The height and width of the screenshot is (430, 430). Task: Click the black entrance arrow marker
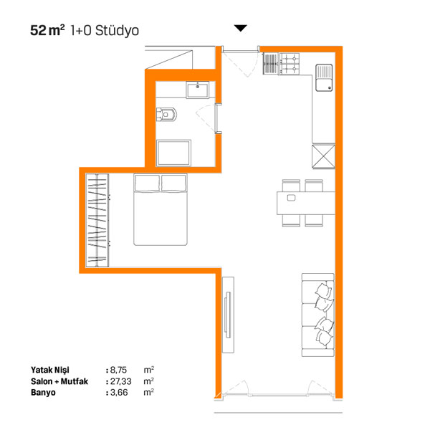point(241,28)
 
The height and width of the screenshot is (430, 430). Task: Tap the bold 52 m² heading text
point(47,30)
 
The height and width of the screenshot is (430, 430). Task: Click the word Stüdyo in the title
point(117,30)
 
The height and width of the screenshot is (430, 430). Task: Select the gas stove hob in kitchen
point(289,64)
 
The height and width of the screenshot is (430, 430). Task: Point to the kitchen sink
point(324,77)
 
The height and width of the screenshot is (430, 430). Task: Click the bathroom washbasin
point(198,90)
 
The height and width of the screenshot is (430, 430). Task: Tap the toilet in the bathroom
point(166,115)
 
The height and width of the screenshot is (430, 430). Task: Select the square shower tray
point(173,153)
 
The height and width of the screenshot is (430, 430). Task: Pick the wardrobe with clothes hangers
point(97,220)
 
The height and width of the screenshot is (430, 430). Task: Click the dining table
point(306,203)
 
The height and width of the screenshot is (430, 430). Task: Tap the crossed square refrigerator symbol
point(323,156)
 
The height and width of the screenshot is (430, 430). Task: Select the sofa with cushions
point(318,315)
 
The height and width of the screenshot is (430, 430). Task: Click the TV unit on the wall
point(228,315)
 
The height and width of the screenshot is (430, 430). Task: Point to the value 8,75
point(118,370)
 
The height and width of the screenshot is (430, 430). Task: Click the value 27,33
point(120,381)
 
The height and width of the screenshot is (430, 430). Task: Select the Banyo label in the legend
point(43,393)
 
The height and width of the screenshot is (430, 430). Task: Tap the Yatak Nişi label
point(50,370)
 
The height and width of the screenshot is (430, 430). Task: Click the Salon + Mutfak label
point(59,381)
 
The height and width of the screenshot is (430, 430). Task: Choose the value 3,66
point(119,393)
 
